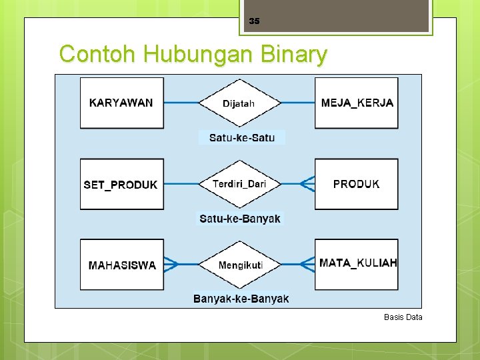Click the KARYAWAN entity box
coord(121,103)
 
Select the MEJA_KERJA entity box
coord(357,103)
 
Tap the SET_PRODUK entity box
coord(121,184)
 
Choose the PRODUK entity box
coord(357,184)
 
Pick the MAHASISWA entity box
coord(121,265)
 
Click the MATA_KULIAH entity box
coord(357,264)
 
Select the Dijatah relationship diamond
coord(239,103)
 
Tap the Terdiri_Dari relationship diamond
coord(239,184)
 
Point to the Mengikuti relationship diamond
coord(240,265)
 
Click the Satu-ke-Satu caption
coord(241,138)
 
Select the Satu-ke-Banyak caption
coord(240,219)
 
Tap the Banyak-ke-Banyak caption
coord(241,299)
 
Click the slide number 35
coord(254,21)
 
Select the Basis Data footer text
coord(403,317)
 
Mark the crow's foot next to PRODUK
coord(307,184)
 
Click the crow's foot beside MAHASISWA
coord(171,265)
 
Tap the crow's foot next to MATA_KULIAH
coord(307,265)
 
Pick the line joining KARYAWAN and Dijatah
coord(181,103)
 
